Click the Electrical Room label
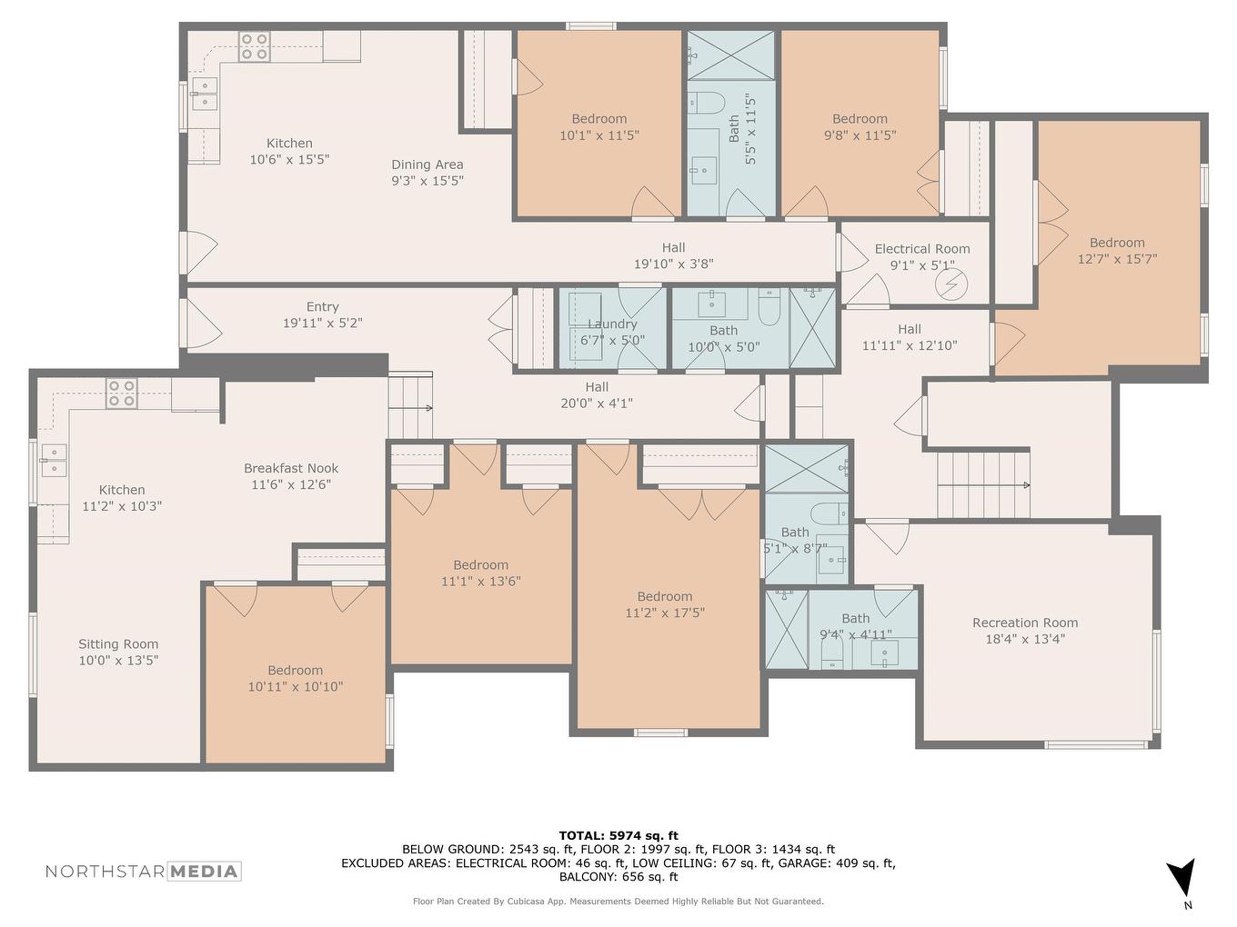tap(921, 249)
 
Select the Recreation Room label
tap(1024, 623)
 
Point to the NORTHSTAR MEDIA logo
tap(143, 872)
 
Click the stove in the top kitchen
tap(255, 46)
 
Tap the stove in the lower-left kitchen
tap(122, 394)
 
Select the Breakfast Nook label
tap(290, 468)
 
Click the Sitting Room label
tap(118, 644)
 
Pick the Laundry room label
tap(612, 324)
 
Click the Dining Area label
tap(427, 164)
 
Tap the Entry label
tap(322, 307)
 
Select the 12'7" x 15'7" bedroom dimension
tap(1117, 259)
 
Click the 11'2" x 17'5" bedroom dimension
tap(664, 613)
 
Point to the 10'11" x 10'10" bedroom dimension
tap(295, 687)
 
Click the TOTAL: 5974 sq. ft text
tap(618, 835)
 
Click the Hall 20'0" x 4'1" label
tap(597, 394)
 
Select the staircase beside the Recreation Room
tap(983, 484)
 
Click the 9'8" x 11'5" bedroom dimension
tap(860, 135)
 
